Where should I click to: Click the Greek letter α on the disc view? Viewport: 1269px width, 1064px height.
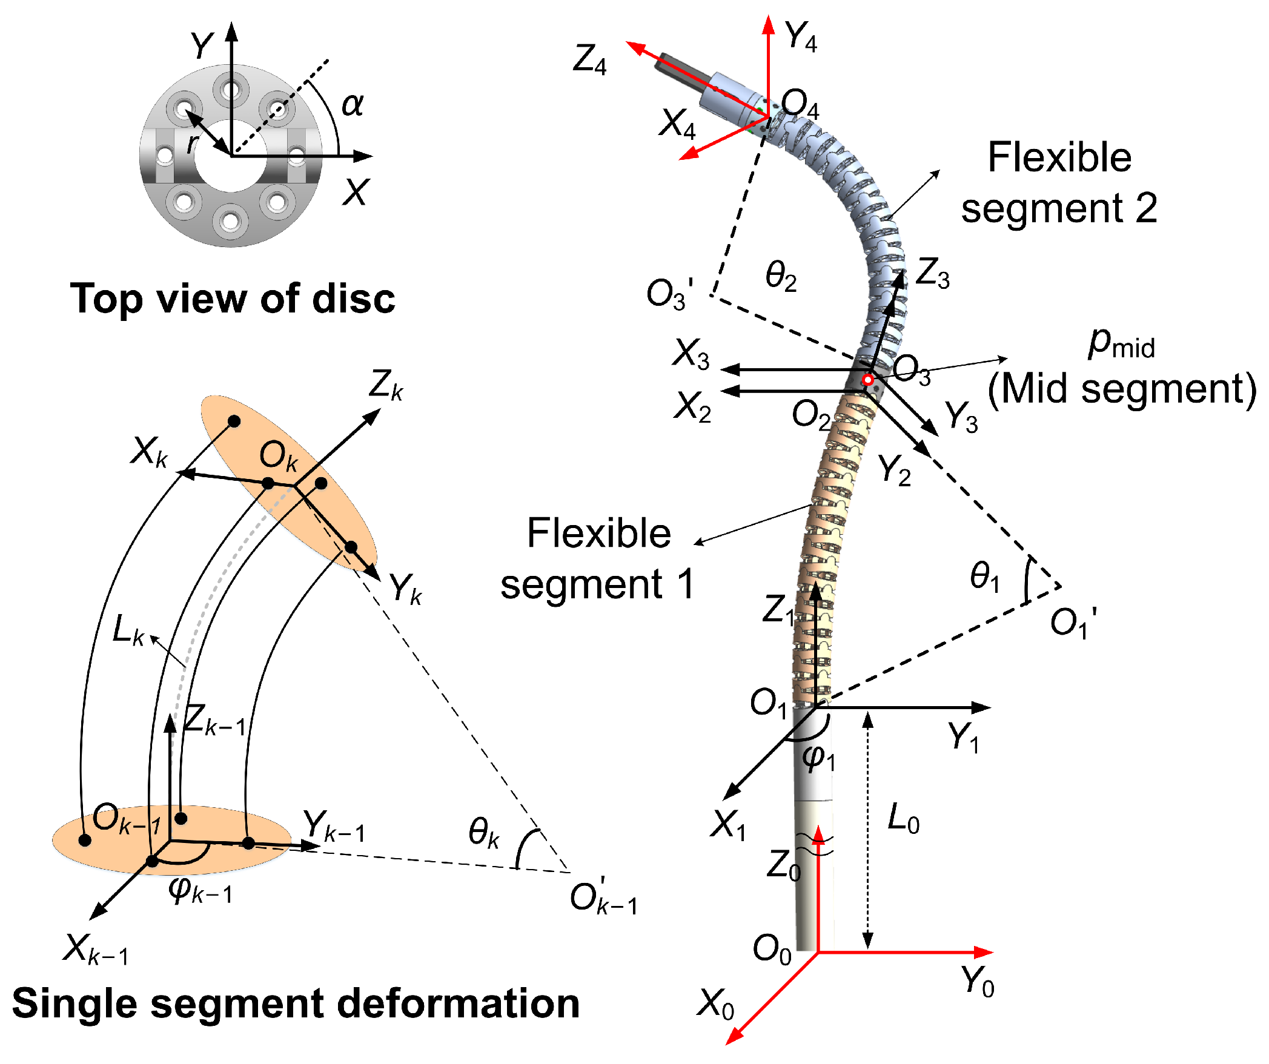353,105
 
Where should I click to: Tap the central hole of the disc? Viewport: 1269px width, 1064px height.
231,156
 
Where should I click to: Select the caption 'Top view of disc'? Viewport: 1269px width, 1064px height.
233,299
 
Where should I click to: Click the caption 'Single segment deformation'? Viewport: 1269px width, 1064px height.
296,1003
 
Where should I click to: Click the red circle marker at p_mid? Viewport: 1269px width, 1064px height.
867,380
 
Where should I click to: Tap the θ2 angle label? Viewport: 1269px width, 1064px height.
781,276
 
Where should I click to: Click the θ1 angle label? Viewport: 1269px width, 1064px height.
984,576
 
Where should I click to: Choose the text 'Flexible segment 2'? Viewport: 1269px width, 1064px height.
1059,182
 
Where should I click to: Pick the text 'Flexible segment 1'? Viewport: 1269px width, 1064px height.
598,558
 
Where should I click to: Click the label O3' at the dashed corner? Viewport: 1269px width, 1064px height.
669,295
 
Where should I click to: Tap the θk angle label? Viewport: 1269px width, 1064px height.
483,832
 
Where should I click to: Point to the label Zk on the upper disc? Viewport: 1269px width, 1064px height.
386,385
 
